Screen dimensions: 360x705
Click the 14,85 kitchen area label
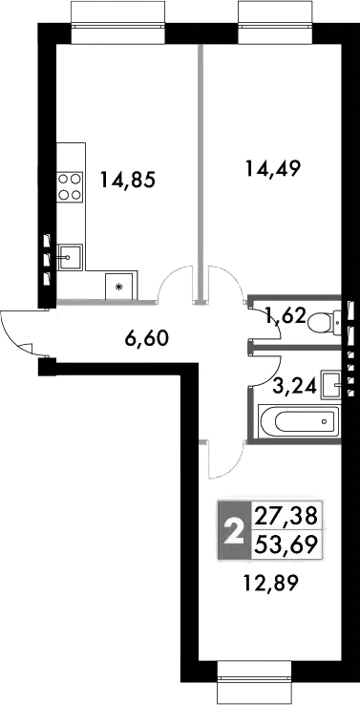128,182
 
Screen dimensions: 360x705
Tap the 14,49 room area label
272,169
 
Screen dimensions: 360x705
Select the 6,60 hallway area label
147,337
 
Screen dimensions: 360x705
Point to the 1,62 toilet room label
286,318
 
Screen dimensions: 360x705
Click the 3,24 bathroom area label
295,384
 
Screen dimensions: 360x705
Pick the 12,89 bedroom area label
271,584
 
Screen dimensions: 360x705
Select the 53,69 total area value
286,545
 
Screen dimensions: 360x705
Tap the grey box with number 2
234,530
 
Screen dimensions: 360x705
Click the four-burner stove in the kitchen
70,186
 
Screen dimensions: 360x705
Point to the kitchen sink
70,258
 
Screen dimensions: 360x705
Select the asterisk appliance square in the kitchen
119,287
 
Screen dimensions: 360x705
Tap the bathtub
299,421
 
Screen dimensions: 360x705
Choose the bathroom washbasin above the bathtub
331,385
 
